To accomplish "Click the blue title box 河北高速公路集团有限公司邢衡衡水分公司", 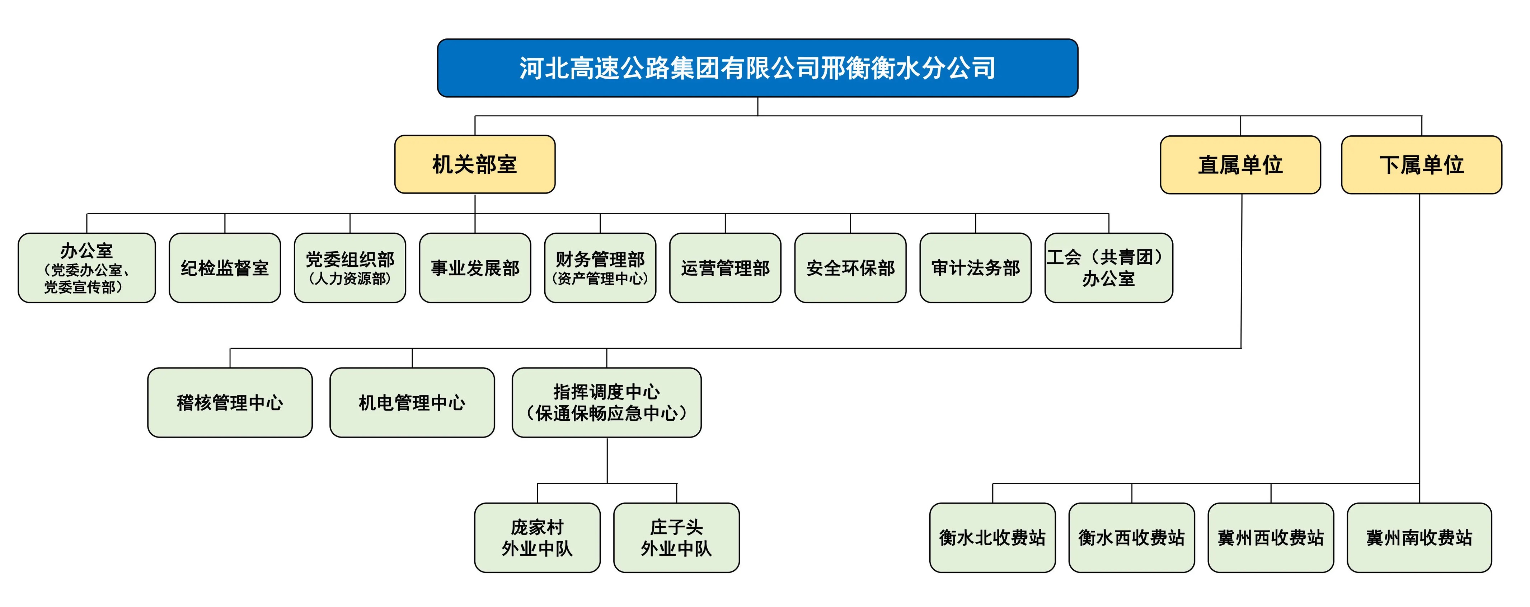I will pos(757,68).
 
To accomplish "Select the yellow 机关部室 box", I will pos(475,164).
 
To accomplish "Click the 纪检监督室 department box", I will pos(225,268).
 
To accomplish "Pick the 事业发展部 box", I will pos(475,268).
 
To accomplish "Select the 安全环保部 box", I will pos(850,268).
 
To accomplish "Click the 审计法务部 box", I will pos(975,268).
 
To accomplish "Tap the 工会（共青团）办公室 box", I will pos(1108,268).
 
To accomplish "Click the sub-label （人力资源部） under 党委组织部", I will pos(350,279).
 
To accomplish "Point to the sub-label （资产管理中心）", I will pos(600,279).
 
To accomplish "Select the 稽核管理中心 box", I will pos(230,403).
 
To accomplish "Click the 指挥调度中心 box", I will pos(606,403).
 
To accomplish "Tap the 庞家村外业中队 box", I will pos(537,537).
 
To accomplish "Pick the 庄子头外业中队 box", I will pos(676,537).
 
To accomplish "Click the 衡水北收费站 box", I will pos(992,537).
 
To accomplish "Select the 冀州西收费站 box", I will pos(1271,537).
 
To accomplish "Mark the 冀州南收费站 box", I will pos(1419,537).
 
